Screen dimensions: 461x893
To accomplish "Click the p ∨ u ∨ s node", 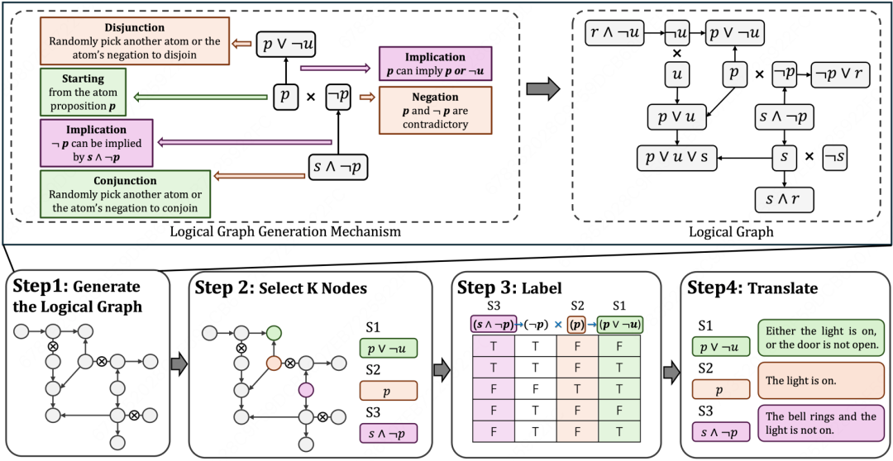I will click(676, 155).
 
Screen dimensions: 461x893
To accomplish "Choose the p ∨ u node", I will click(677, 117).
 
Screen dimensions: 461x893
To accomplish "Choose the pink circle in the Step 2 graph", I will click(306, 389).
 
